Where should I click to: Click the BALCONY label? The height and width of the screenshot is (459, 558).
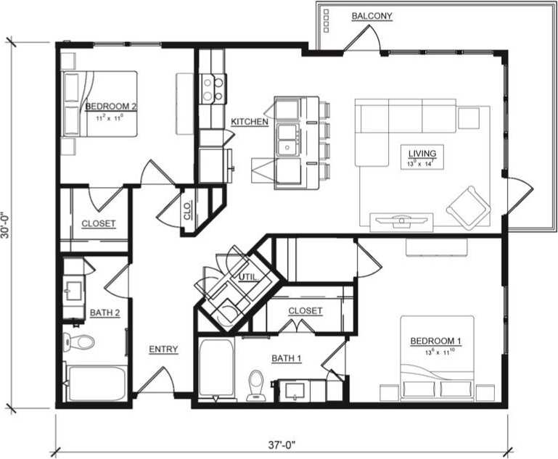tap(372, 15)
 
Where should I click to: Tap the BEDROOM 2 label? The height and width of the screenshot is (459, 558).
tap(111, 106)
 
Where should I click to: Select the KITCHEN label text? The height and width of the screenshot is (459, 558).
tap(250, 122)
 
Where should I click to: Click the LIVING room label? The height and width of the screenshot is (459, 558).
tap(422, 154)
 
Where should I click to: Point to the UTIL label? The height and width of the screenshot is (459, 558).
tap(247, 277)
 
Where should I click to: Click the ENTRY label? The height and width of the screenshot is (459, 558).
tap(163, 350)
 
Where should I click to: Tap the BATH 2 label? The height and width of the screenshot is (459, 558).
tap(105, 313)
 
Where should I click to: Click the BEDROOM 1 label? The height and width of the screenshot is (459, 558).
tap(436, 341)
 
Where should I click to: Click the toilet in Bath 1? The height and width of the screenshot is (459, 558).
tap(255, 385)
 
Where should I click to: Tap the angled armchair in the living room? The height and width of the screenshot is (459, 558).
tap(468, 205)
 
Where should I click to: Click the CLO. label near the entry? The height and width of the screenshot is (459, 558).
tap(187, 212)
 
